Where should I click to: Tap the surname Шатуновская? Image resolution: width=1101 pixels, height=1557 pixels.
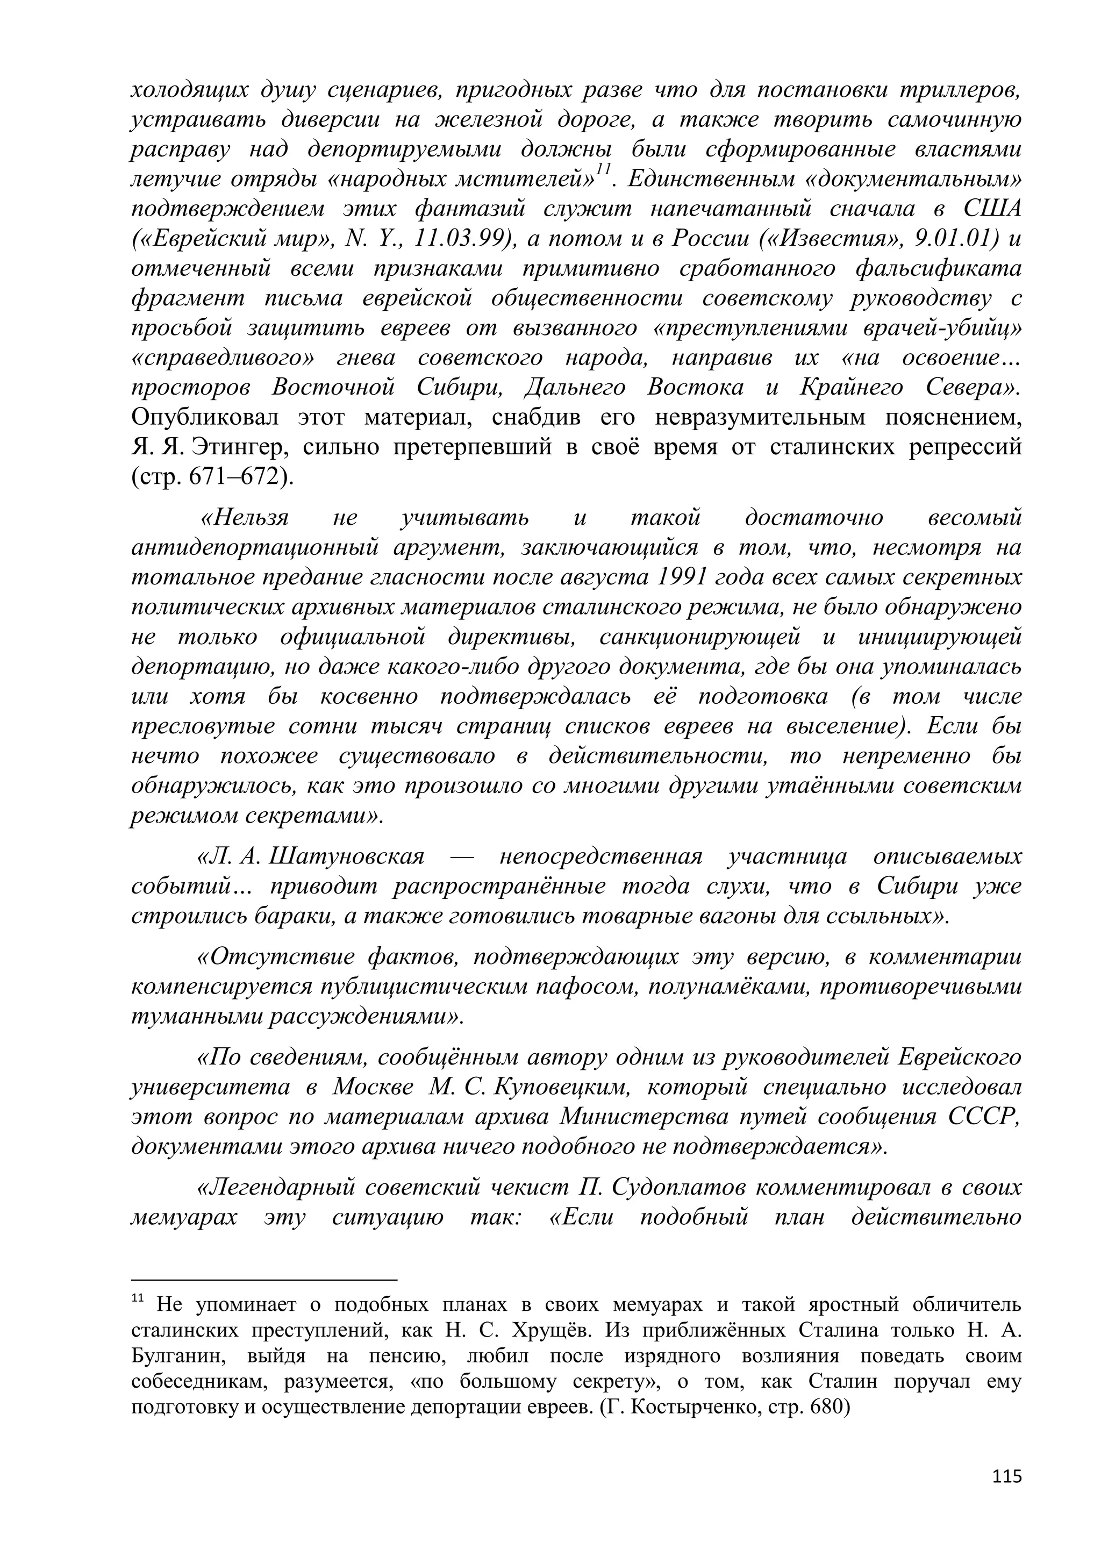346,857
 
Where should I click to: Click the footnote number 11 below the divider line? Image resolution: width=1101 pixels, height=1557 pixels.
137,1298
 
